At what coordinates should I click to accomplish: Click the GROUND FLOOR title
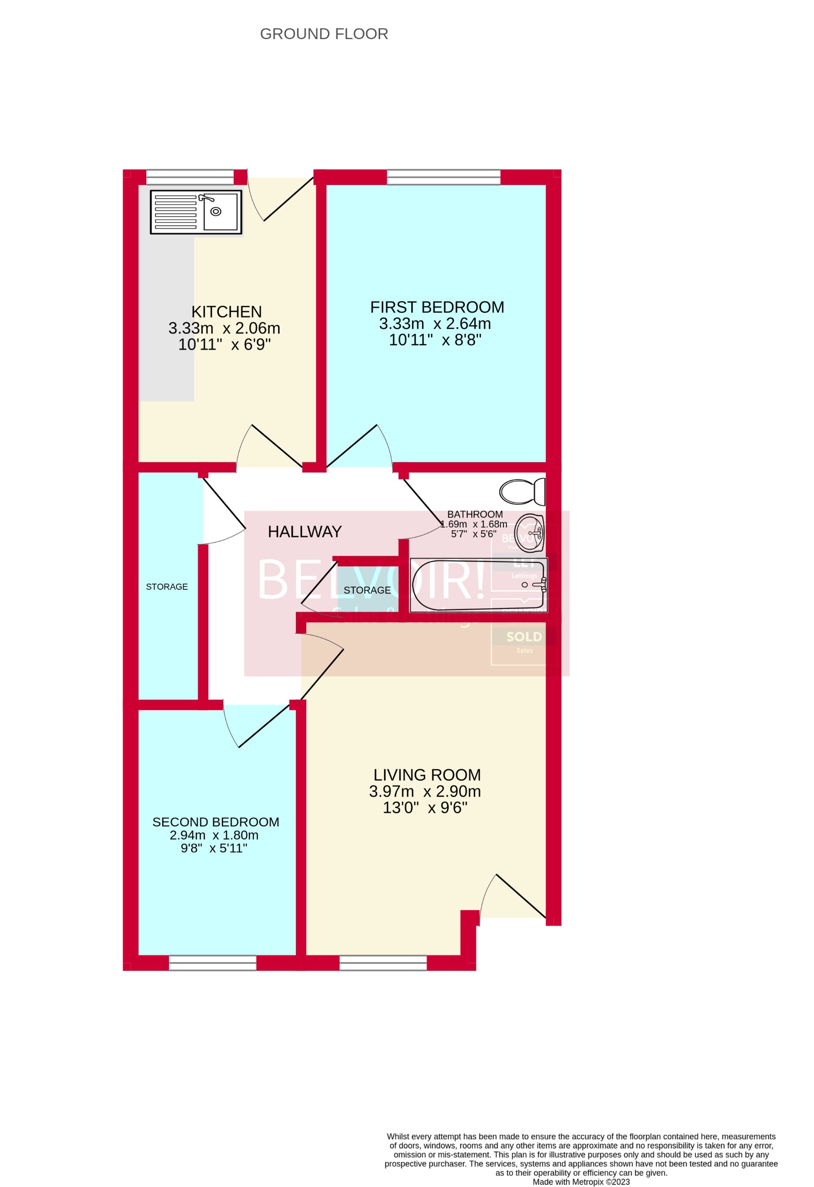click(324, 34)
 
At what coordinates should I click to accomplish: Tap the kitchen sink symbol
click(196, 212)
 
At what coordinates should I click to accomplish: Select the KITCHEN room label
click(227, 311)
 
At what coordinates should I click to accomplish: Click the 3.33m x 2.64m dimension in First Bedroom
click(435, 323)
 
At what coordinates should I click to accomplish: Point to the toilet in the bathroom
click(522, 492)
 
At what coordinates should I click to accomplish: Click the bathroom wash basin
click(530, 533)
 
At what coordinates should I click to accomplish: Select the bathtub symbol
click(478, 585)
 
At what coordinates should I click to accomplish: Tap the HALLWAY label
click(305, 532)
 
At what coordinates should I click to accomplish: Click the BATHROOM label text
click(475, 514)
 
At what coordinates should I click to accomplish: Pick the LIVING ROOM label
click(427, 775)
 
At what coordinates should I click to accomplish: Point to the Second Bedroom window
click(212, 963)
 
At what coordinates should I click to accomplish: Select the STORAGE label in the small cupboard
click(367, 590)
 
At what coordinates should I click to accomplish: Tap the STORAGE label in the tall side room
click(167, 587)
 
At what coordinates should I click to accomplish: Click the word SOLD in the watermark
click(524, 636)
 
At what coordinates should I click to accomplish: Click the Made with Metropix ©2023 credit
click(581, 1181)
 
